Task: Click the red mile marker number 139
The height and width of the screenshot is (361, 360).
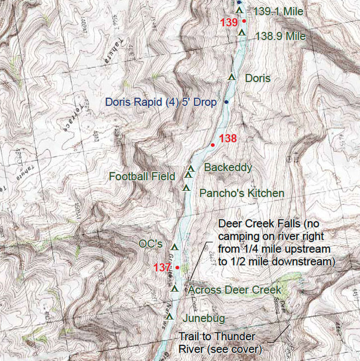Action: tap(229, 23)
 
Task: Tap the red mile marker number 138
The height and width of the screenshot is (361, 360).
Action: tap(228, 139)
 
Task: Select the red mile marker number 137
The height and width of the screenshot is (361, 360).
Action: tap(162, 267)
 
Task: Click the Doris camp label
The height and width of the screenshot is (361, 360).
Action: tap(258, 78)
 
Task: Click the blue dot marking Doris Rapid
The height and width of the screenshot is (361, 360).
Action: tap(226, 102)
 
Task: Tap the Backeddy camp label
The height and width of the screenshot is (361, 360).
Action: tap(228, 167)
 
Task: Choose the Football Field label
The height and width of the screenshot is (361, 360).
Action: tap(142, 176)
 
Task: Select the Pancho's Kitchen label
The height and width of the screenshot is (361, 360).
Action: tap(242, 193)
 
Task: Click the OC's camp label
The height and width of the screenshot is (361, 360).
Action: tap(150, 244)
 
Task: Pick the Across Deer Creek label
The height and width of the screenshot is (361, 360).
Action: tap(234, 290)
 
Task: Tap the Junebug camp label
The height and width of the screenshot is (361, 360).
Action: tap(204, 318)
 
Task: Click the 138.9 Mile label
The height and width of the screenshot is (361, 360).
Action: tap(280, 36)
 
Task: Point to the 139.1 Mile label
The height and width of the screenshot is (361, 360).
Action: tap(278, 11)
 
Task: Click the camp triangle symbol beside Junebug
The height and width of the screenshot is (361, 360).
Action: tap(169, 317)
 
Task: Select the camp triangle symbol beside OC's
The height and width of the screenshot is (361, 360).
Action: tap(174, 246)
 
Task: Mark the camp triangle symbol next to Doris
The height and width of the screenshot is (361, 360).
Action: tap(230, 76)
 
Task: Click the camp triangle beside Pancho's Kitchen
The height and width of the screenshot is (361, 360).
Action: tap(186, 187)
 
